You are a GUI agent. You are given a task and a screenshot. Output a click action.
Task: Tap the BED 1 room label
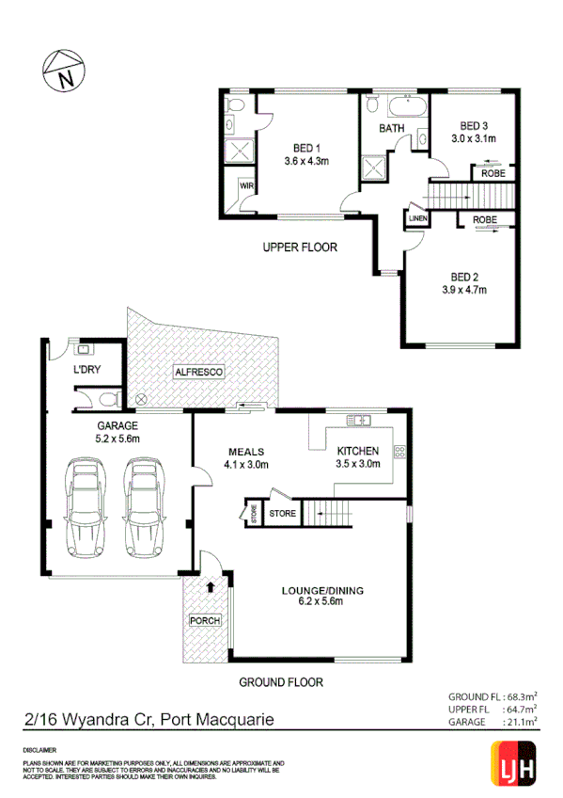click(307, 148)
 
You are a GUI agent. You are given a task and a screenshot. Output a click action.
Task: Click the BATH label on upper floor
click(391, 129)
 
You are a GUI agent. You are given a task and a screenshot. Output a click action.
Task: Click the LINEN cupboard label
click(417, 218)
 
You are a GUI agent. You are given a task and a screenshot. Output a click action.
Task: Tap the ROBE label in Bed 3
click(493, 173)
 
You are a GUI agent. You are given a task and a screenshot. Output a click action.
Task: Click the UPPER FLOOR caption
click(299, 247)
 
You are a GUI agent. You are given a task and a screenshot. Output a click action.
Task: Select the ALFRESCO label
click(198, 373)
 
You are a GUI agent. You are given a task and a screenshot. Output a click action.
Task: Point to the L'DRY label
click(86, 369)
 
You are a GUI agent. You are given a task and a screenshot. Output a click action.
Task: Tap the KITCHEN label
click(359, 451)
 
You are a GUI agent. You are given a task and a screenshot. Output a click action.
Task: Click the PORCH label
click(204, 621)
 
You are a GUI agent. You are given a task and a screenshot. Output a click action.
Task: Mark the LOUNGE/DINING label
click(321, 591)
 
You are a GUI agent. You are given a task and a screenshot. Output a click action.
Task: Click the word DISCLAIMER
click(43, 749)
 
